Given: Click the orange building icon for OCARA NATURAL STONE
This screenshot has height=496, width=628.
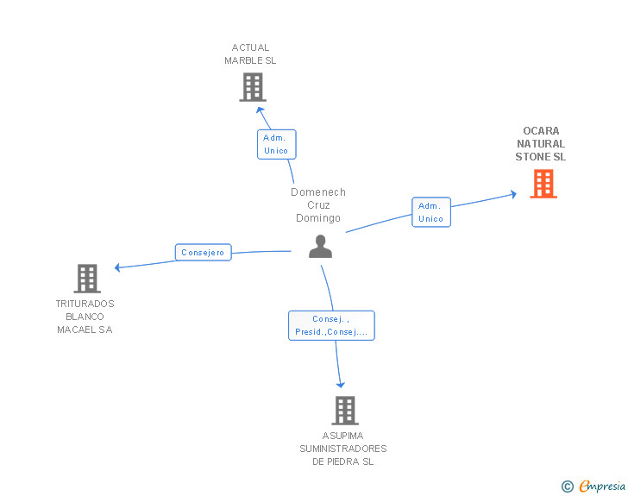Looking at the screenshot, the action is pyautogui.click(x=543, y=184).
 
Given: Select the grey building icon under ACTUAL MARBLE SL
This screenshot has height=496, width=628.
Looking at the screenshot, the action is pyautogui.click(x=253, y=87).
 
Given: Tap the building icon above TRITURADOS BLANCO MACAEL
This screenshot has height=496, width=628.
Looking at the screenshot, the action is pyautogui.click(x=87, y=279).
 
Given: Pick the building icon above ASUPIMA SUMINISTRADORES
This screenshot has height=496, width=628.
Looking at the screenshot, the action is pyautogui.click(x=345, y=411).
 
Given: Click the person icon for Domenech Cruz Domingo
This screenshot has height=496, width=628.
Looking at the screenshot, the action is pyautogui.click(x=320, y=247).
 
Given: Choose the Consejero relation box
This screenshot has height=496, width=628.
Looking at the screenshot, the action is pyautogui.click(x=203, y=253).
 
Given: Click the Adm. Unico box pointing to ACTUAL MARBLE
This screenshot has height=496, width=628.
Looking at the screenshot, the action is pyautogui.click(x=276, y=144).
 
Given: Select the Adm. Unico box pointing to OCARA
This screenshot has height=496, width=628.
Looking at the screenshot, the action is pyautogui.click(x=431, y=212).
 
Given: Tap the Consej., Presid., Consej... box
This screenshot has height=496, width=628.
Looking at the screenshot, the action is pyautogui.click(x=331, y=325).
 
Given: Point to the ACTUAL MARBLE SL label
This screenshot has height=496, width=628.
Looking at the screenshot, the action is pyautogui.click(x=250, y=54).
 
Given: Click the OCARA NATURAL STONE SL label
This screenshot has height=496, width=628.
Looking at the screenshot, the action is pyautogui.click(x=541, y=144).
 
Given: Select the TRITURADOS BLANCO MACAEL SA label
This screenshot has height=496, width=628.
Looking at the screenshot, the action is pyautogui.click(x=85, y=317).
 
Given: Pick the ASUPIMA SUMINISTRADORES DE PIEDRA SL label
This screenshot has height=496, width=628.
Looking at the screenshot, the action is pyautogui.click(x=343, y=449).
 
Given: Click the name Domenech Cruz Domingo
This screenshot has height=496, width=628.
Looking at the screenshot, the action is pyautogui.click(x=318, y=204).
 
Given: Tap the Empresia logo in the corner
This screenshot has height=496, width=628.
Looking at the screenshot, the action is pyautogui.click(x=602, y=486).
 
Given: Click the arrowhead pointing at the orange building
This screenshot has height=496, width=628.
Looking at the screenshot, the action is pyautogui.click(x=514, y=194).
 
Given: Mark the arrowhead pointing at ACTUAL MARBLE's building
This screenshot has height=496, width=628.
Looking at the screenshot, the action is pyautogui.click(x=260, y=110).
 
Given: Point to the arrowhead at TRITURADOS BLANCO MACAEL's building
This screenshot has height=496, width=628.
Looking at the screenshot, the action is pyautogui.click(x=117, y=267).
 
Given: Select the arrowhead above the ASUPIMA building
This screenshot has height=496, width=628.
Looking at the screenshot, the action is pyautogui.click(x=341, y=385).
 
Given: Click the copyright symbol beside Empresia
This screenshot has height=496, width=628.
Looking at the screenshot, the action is pyautogui.click(x=567, y=487).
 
